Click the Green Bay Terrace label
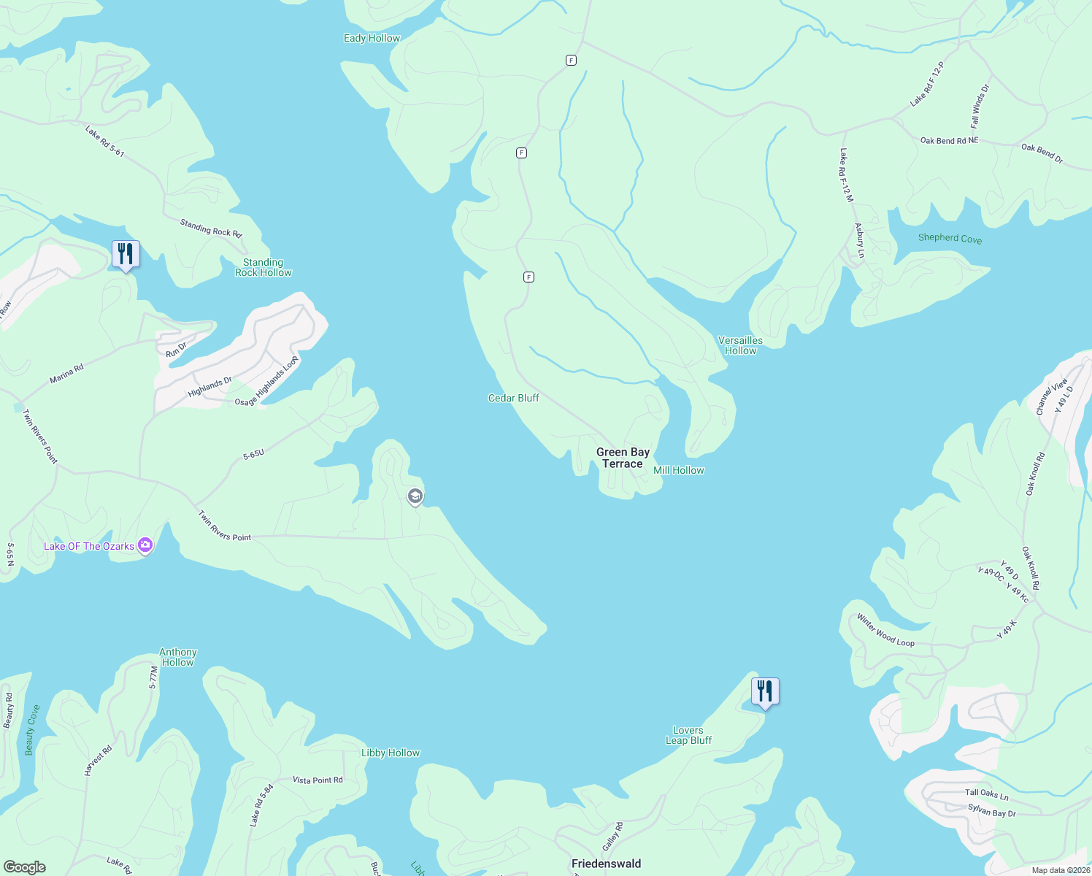[623, 458]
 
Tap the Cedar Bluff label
[514, 398]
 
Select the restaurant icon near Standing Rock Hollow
[126, 255]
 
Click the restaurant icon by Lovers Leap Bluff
[765, 691]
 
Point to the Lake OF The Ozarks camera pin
[145, 546]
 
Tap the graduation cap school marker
[415, 497]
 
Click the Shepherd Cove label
[950, 238]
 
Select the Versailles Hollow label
[740, 345]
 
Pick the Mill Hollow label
[679, 470]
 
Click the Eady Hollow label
[372, 38]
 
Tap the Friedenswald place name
[606, 864]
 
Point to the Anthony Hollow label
[178, 657]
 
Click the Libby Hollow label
[391, 753]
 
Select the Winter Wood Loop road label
[885, 631]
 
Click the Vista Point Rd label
[318, 780]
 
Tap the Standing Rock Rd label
[210, 228]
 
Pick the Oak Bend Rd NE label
[949, 140]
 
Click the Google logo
[25, 867]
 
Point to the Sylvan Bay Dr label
[991, 810]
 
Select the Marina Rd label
[66, 373]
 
